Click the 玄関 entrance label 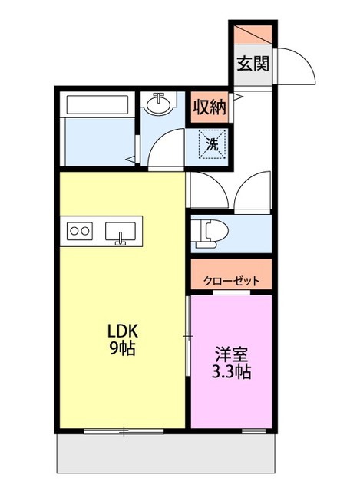tap(253, 64)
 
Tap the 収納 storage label tap(210, 107)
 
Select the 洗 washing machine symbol tap(213, 144)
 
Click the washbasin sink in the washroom tap(159, 104)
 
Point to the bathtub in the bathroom tap(97, 104)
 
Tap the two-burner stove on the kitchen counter tap(80, 231)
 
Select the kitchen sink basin tap(121, 232)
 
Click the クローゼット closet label tap(232, 281)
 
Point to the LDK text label tap(123, 331)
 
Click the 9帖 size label tap(122, 348)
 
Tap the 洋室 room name tap(232, 354)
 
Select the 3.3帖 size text tap(232, 371)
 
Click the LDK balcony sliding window tap(124, 431)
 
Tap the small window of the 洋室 tap(254, 431)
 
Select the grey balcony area tap(166, 453)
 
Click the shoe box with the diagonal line tap(253, 35)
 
